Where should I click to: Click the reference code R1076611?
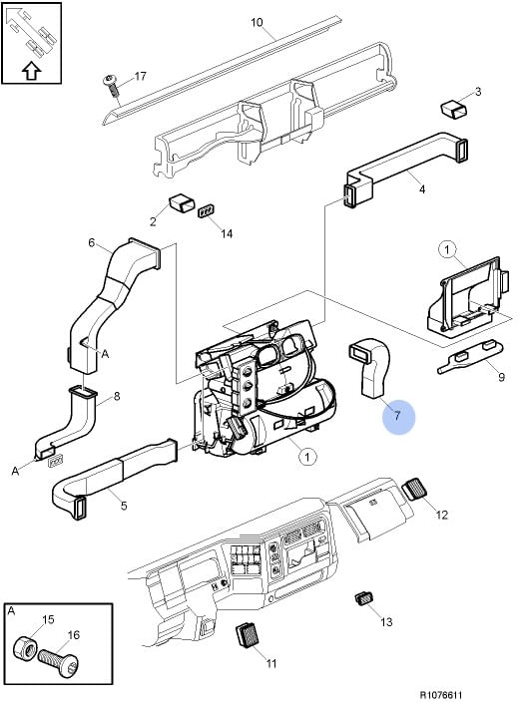(441, 695)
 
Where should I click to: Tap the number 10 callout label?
(257, 22)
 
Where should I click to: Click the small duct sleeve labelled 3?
(454, 110)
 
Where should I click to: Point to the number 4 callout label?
(422, 188)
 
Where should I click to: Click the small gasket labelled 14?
(208, 211)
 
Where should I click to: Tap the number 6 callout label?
(91, 242)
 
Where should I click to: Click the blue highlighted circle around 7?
(398, 417)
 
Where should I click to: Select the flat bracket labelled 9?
(470, 357)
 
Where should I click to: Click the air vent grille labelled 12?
(414, 489)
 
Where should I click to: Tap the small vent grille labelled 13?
(363, 598)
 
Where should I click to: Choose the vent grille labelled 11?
(248, 634)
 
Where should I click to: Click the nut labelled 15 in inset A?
(25, 647)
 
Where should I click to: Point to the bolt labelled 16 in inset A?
(59, 659)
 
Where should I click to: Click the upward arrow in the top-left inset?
(31, 71)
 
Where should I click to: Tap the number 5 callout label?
(124, 506)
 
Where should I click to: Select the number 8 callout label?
(117, 396)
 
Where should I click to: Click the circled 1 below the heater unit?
(307, 457)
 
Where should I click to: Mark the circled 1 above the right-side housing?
(447, 249)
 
